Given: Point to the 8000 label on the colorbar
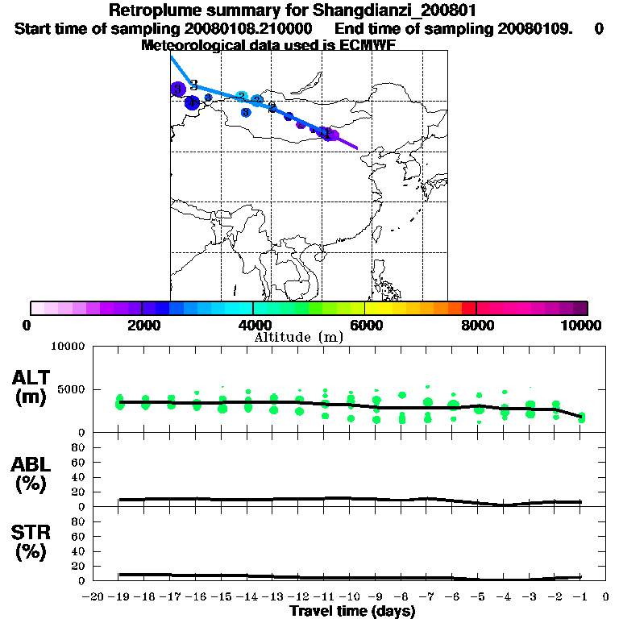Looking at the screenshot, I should pyautogui.click(x=476, y=326).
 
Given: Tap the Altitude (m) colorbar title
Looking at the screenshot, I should pyautogui.click(x=299, y=337).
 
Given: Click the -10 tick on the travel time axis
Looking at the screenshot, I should pyautogui.click(x=350, y=596).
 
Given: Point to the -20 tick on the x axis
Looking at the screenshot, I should pyautogui.click(x=93, y=596).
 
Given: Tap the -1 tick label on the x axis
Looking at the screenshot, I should pyautogui.click(x=580, y=596).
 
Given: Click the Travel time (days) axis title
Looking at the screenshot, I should pyautogui.click(x=352, y=611).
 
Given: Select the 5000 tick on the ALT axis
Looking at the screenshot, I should pyautogui.click(x=72, y=389).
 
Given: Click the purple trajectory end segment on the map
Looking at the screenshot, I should pyautogui.click(x=345, y=142).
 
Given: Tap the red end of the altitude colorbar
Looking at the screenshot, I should pyautogui.click(x=468, y=308).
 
